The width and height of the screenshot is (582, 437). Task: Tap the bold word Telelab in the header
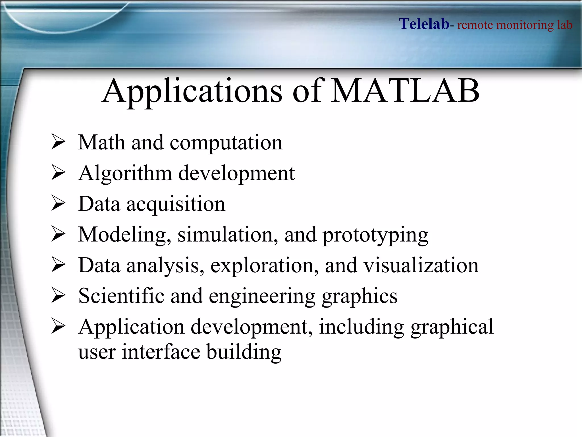click(424, 24)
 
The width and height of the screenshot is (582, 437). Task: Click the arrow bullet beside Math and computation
click(58, 142)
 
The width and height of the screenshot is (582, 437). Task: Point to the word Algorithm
click(125, 173)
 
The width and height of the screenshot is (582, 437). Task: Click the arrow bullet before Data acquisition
click(58, 204)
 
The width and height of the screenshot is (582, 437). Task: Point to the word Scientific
click(121, 296)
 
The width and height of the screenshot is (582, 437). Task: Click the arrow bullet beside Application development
click(58, 327)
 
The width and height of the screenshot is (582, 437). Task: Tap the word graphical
click(452, 327)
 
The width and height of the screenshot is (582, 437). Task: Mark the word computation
click(226, 143)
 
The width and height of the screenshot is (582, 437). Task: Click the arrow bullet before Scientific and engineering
click(58, 296)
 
